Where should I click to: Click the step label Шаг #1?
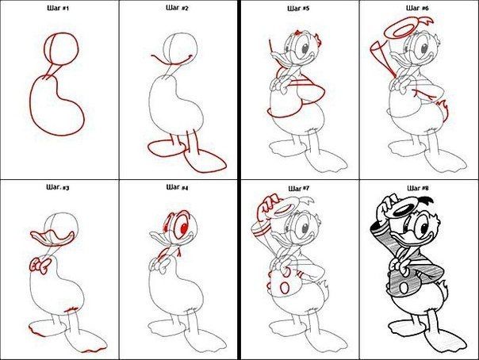58,8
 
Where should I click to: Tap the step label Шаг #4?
177,187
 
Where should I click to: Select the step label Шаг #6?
417,8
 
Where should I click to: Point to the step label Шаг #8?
418,188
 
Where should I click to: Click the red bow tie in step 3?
40,265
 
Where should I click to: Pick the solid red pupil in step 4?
184,228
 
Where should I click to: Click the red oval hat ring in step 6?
385,32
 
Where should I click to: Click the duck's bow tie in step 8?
398,264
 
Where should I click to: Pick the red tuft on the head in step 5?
318,40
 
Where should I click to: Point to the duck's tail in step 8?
443,289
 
